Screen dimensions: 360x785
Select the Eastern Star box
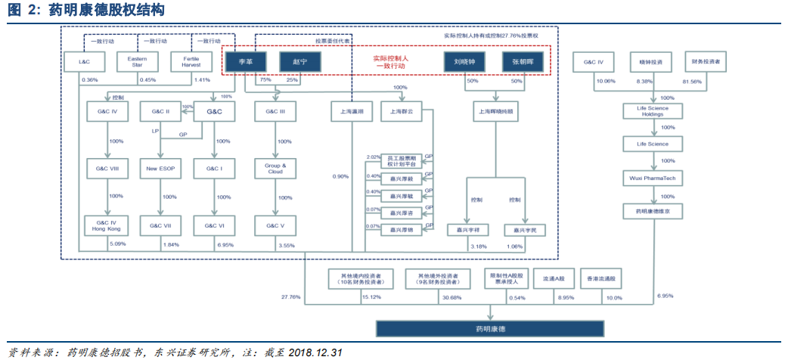[x=137, y=61]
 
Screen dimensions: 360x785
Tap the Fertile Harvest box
[x=191, y=61]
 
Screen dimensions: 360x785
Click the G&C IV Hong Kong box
[x=103, y=225]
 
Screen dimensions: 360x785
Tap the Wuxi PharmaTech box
[x=647, y=178]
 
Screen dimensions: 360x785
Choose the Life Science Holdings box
[x=647, y=112]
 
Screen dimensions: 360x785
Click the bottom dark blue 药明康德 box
[x=490, y=328]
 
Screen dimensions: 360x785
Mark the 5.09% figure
[x=118, y=244]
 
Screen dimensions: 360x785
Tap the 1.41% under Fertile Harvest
[x=202, y=80]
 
